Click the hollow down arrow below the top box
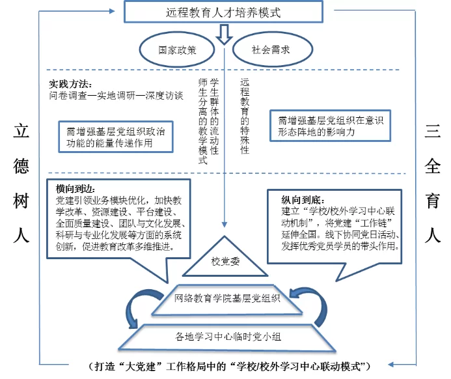(225, 34)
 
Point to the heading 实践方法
(70, 84)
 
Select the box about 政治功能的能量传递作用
(115, 135)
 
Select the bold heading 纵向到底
(301, 200)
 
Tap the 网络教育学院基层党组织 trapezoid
(226, 299)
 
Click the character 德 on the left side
(21, 167)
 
